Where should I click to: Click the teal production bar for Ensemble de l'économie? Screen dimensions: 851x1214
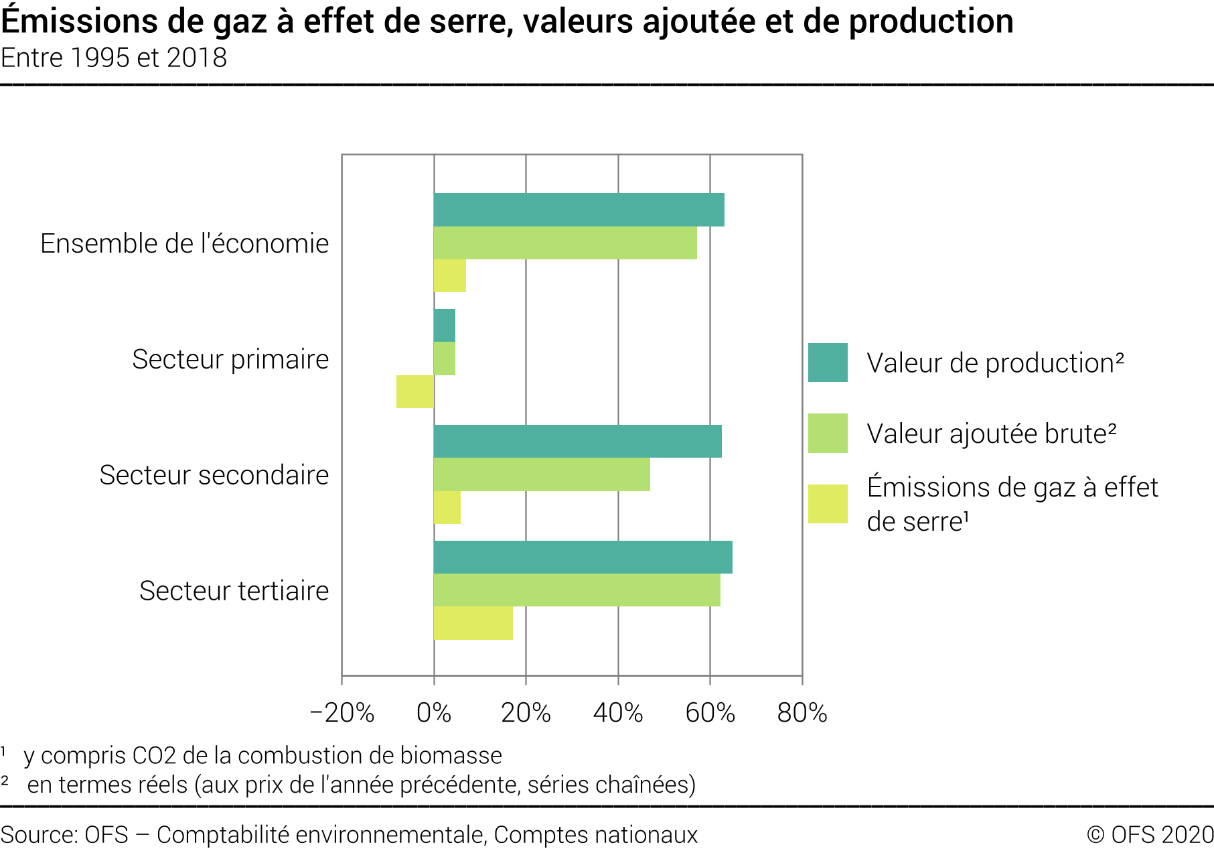click(579, 210)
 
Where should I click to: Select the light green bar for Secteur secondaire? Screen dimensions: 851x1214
click(541, 474)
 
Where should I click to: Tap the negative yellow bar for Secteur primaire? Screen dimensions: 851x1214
click(415, 392)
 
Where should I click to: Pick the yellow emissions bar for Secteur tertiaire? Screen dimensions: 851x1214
click(473, 623)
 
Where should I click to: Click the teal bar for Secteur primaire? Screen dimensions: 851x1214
click(444, 326)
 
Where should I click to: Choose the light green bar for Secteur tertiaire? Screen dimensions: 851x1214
click(577, 590)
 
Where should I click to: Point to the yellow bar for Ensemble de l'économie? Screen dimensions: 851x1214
click(449, 276)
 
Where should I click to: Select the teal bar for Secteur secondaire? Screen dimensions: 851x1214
click(577, 442)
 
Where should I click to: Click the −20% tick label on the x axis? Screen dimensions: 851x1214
click(342, 713)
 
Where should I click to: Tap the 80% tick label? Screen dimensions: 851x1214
click(802, 713)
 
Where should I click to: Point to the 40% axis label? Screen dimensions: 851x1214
click(618, 713)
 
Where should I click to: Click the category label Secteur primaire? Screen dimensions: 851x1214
click(230, 359)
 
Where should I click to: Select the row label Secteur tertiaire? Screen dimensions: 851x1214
click(234, 591)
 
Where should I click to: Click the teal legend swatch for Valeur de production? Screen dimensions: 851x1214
click(828, 363)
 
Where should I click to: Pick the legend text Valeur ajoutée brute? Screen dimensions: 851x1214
click(991, 434)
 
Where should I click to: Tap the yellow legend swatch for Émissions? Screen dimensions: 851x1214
click(828, 504)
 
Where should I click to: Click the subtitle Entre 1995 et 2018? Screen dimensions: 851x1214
click(114, 58)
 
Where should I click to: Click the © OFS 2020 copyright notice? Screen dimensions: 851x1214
click(1150, 835)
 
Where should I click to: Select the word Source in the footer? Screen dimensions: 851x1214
click(37, 835)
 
